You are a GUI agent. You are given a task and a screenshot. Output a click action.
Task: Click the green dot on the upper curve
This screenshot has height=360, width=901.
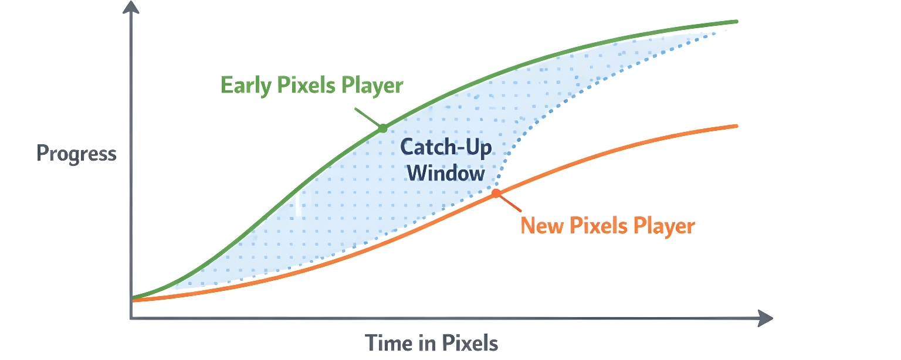[382, 128]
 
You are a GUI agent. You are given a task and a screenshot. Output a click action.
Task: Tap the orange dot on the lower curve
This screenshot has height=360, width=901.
[496, 193]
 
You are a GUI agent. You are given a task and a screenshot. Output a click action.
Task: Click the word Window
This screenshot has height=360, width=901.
[446, 174]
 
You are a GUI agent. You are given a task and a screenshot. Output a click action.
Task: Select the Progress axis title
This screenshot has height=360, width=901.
[76, 154]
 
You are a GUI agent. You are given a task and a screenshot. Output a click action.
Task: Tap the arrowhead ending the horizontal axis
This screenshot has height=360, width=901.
[767, 318]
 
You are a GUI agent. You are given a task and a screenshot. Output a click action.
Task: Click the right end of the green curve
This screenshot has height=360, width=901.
[736, 22]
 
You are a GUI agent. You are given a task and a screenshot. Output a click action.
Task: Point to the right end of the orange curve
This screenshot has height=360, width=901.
[736, 126]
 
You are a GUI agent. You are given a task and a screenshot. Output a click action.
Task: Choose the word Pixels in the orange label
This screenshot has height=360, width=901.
[598, 226]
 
